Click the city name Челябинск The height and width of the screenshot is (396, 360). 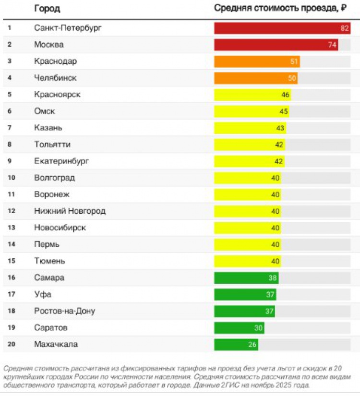(55, 78)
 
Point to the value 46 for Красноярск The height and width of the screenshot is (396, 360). (285, 95)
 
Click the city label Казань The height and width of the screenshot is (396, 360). (48, 128)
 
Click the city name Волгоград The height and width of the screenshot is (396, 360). (54, 178)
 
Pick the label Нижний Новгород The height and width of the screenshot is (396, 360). (70, 211)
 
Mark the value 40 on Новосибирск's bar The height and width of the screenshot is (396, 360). (275, 228)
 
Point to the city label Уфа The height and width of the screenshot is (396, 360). (43, 294)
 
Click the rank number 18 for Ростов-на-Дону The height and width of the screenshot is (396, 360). (12, 311)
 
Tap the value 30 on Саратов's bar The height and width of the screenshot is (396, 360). (259, 328)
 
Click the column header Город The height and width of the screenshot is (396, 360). (47, 9)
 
